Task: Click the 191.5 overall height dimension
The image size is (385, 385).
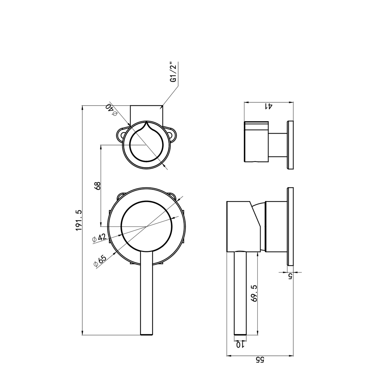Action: point(79,220)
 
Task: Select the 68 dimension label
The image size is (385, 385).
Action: point(97,186)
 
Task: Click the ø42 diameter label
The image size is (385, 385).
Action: point(99,238)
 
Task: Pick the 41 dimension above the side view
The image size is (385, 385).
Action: point(268,106)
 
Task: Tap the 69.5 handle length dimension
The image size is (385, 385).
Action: point(254,293)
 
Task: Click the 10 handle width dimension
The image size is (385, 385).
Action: point(240,345)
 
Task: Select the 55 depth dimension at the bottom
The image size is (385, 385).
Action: point(260,359)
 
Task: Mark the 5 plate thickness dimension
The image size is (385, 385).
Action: point(290,276)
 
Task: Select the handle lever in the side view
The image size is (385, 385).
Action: point(240,292)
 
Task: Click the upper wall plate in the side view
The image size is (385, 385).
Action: point(291,145)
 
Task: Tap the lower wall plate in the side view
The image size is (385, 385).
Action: point(291,226)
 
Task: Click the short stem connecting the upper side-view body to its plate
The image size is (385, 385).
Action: point(278,145)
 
